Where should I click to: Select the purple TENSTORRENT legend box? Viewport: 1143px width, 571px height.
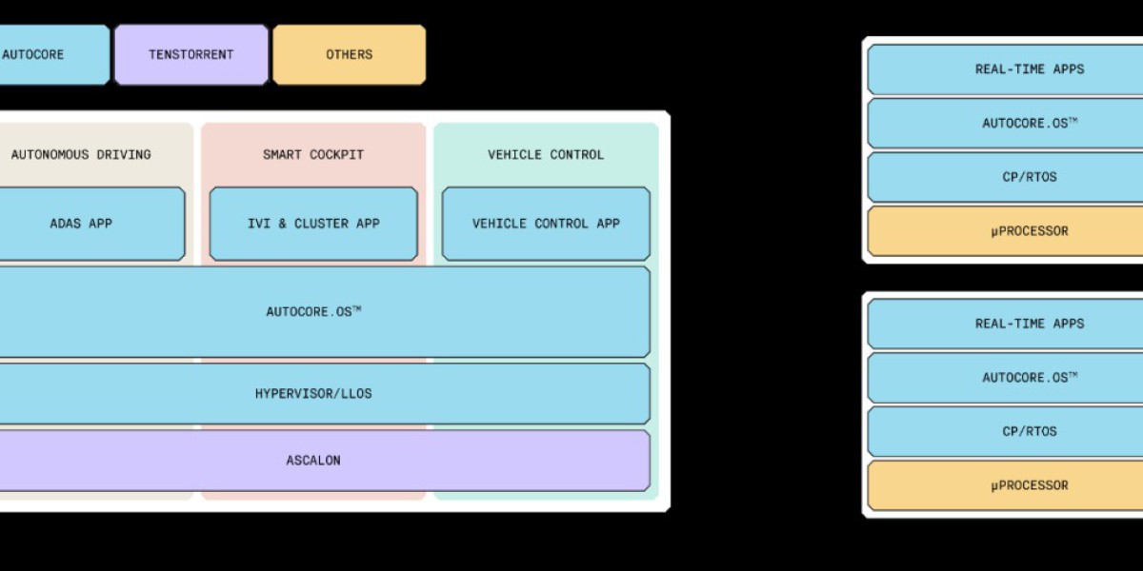tap(190, 55)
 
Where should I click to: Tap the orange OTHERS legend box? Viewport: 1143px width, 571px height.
tap(349, 55)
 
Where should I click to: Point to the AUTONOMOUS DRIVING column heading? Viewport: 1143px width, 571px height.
tap(81, 154)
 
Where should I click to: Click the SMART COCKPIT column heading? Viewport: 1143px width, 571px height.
tap(313, 154)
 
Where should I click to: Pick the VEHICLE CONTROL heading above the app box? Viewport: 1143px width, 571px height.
tap(546, 154)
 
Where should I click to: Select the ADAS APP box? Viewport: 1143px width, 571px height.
tap(86, 224)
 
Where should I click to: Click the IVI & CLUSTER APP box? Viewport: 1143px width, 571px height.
tap(313, 224)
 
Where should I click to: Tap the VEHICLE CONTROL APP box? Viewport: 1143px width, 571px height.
tap(546, 224)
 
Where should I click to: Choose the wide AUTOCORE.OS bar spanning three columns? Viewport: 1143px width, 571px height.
tap(314, 312)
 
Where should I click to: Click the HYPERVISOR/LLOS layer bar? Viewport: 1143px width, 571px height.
tap(314, 393)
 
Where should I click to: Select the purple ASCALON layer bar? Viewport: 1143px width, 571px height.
tap(314, 461)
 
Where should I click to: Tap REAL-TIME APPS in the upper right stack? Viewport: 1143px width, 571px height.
tap(1014, 69)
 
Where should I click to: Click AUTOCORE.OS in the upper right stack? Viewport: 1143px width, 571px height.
tap(1014, 124)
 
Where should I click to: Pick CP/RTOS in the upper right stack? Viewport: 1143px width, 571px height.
tap(1014, 177)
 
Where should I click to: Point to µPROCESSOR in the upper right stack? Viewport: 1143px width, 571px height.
tap(1014, 231)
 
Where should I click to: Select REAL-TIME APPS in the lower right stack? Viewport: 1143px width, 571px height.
tap(1014, 324)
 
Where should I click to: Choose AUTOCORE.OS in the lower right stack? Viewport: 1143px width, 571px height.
tap(1014, 378)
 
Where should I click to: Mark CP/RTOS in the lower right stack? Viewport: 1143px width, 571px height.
tap(1014, 431)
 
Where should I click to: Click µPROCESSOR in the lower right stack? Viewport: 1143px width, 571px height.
tap(1014, 485)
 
